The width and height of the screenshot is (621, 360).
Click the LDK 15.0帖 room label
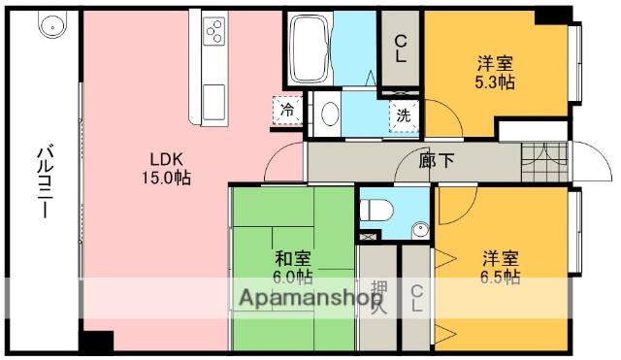click(x=166, y=169)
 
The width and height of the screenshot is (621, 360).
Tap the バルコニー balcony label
click(x=45, y=181)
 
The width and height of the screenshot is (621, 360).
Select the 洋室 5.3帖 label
click(x=495, y=73)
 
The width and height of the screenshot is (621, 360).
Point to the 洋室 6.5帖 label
click(x=501, y=268)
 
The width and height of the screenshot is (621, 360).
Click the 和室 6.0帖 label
click(x=293, y=268)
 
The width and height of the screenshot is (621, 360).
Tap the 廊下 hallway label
click(x=437, y=160)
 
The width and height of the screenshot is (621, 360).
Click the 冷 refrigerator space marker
click(x=287, y=110)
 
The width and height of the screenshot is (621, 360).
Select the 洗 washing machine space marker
click(x=404, y=115)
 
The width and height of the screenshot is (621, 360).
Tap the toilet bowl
click(x=376, y=210)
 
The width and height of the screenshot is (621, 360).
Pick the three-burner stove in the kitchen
click(x=214, y=31)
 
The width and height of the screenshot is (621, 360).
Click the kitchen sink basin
click(x=213, y=102)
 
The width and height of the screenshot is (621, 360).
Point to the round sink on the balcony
click(x=52, y=24)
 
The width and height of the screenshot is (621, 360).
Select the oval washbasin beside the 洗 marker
click(x=330, y=114)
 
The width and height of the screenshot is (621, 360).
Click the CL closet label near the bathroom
click(x=401, y=49)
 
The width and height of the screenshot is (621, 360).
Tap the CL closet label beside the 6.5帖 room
click(x=416, y=298)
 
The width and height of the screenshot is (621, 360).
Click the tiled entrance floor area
click(x=545, y=162)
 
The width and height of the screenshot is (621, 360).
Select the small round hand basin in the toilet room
click(x=420, y=231)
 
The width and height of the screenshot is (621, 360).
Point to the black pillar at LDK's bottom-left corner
click(x=97, y=341)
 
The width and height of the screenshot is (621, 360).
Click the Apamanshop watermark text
click(x=311, y=298)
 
